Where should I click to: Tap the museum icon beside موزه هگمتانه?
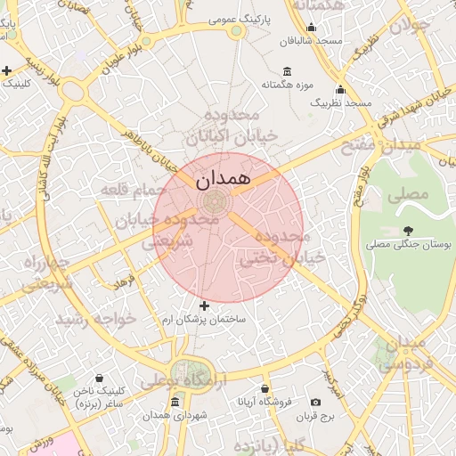pos(287,71)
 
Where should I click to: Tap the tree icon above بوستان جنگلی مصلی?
pos(409,231)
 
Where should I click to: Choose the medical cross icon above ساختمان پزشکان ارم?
pos(204,305)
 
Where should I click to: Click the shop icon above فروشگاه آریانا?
pos(265,388)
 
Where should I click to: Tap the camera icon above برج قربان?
pos(316,402)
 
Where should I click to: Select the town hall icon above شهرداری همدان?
pos(175,403)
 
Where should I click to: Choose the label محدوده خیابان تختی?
pos(273,248)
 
